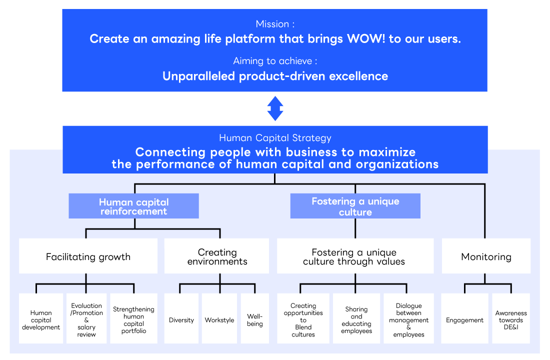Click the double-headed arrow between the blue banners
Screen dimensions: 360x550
[x=275, y=108]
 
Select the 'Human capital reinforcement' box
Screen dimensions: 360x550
[x=133, y=206]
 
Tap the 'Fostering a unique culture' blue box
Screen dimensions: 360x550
[x=355, y=206]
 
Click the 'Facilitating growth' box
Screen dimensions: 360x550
[x=88, y=256]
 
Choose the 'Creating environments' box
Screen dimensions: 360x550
[x=217, y=256]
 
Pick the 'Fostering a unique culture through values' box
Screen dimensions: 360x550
[x=355, y=256]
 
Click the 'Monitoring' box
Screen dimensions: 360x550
[x=486, y=256]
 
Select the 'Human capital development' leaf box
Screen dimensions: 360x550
[x=41, y=319]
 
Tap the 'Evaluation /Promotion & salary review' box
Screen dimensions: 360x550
[x=86, y=319]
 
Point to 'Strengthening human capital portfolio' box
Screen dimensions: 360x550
[x=133, y=319]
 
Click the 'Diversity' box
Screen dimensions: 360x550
[x=181, y=319]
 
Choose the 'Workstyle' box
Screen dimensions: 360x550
[x=219, y=319]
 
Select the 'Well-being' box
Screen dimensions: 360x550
[x=254, y=319]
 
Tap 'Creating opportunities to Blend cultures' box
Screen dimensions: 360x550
[x=303, y=319]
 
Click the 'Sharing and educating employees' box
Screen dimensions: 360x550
[x=356, y=319]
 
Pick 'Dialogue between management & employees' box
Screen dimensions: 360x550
[x=408, y=319]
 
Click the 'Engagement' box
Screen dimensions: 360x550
[x=464, y=319]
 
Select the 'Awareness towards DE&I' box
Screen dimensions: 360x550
[x=511, y=319]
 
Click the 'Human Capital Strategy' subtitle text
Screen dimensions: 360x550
[x=275, y=138]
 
